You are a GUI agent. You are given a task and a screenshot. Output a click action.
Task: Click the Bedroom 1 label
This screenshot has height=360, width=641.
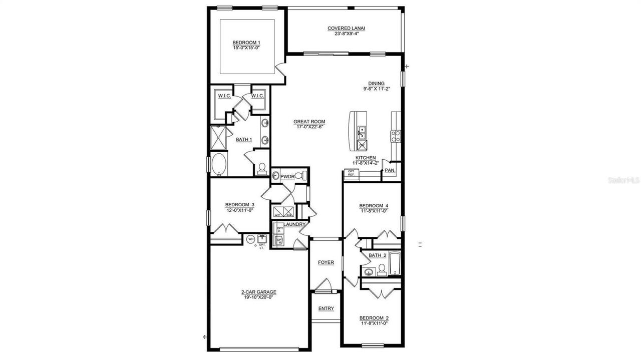(x=246, y=43)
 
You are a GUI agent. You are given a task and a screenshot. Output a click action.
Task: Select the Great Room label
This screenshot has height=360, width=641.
(x=309, y=122)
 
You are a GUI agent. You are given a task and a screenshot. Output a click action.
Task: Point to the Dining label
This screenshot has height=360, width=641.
(x=376, y=84)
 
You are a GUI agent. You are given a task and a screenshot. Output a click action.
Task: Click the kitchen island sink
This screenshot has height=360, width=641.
(x=361, y=132)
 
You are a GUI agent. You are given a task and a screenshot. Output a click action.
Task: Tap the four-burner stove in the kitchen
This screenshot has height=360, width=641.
(x=395, y=136)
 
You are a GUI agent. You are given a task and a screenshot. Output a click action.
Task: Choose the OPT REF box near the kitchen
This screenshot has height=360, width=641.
(x=351, y=173)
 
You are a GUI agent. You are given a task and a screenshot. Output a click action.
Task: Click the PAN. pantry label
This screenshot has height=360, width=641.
(x=390, y=171)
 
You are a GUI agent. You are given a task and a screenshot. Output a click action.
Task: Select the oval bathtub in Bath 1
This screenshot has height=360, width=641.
(x=219, y=165)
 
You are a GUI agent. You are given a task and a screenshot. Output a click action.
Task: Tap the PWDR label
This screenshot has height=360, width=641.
(x=287, y=177)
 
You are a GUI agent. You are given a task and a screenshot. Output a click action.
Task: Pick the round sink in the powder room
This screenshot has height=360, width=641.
(x=275, y=176)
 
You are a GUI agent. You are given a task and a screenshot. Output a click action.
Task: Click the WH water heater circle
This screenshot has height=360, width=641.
(x=251, y=239)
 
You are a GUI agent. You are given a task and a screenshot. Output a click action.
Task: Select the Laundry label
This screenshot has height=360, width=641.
(x=294, y=224)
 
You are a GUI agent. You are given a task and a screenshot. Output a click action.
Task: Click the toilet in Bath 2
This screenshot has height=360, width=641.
(x=382, y=270)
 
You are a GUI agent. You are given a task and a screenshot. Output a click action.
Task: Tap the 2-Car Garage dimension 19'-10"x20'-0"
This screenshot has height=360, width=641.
(x=258, y=297)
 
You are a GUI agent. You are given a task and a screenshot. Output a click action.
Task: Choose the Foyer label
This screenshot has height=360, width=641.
(x=326, y=262)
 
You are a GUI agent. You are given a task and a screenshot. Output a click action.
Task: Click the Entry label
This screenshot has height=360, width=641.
(x=326, y=308)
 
